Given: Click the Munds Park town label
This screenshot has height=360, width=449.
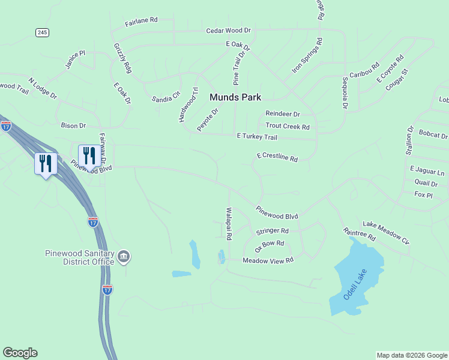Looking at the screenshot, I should pos(235,97).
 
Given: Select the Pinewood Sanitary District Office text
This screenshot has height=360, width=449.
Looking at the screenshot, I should pos(79,257).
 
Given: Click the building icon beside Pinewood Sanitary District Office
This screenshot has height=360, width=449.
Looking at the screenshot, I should pos(124,257).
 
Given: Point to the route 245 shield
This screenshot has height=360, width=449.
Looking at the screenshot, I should pos(41,32).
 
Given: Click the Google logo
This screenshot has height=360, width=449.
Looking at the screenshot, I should pos(20,353).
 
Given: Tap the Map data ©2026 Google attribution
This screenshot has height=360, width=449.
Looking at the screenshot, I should pos(412,355).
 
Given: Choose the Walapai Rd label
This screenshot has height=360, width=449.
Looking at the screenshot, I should pos(229,223).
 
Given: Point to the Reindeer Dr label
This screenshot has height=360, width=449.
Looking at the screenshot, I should pos(282,114).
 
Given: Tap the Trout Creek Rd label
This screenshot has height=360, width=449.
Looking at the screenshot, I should pos(288,127).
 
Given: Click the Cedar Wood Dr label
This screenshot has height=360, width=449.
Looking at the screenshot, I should pos(228,30).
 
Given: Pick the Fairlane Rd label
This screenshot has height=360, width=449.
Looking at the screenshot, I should pos(141,21).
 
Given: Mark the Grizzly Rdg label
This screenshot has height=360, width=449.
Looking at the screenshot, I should pos(122,58).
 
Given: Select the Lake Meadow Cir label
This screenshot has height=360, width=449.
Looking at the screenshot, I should pos(386,233).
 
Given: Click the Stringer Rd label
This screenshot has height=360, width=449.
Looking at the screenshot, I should pos(273,231).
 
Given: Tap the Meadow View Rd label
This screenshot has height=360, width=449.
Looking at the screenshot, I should pos(268,260).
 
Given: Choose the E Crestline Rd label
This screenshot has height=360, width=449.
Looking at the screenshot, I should pos(277,157).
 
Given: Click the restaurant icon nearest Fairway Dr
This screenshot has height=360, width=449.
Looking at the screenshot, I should pos(89,155).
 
